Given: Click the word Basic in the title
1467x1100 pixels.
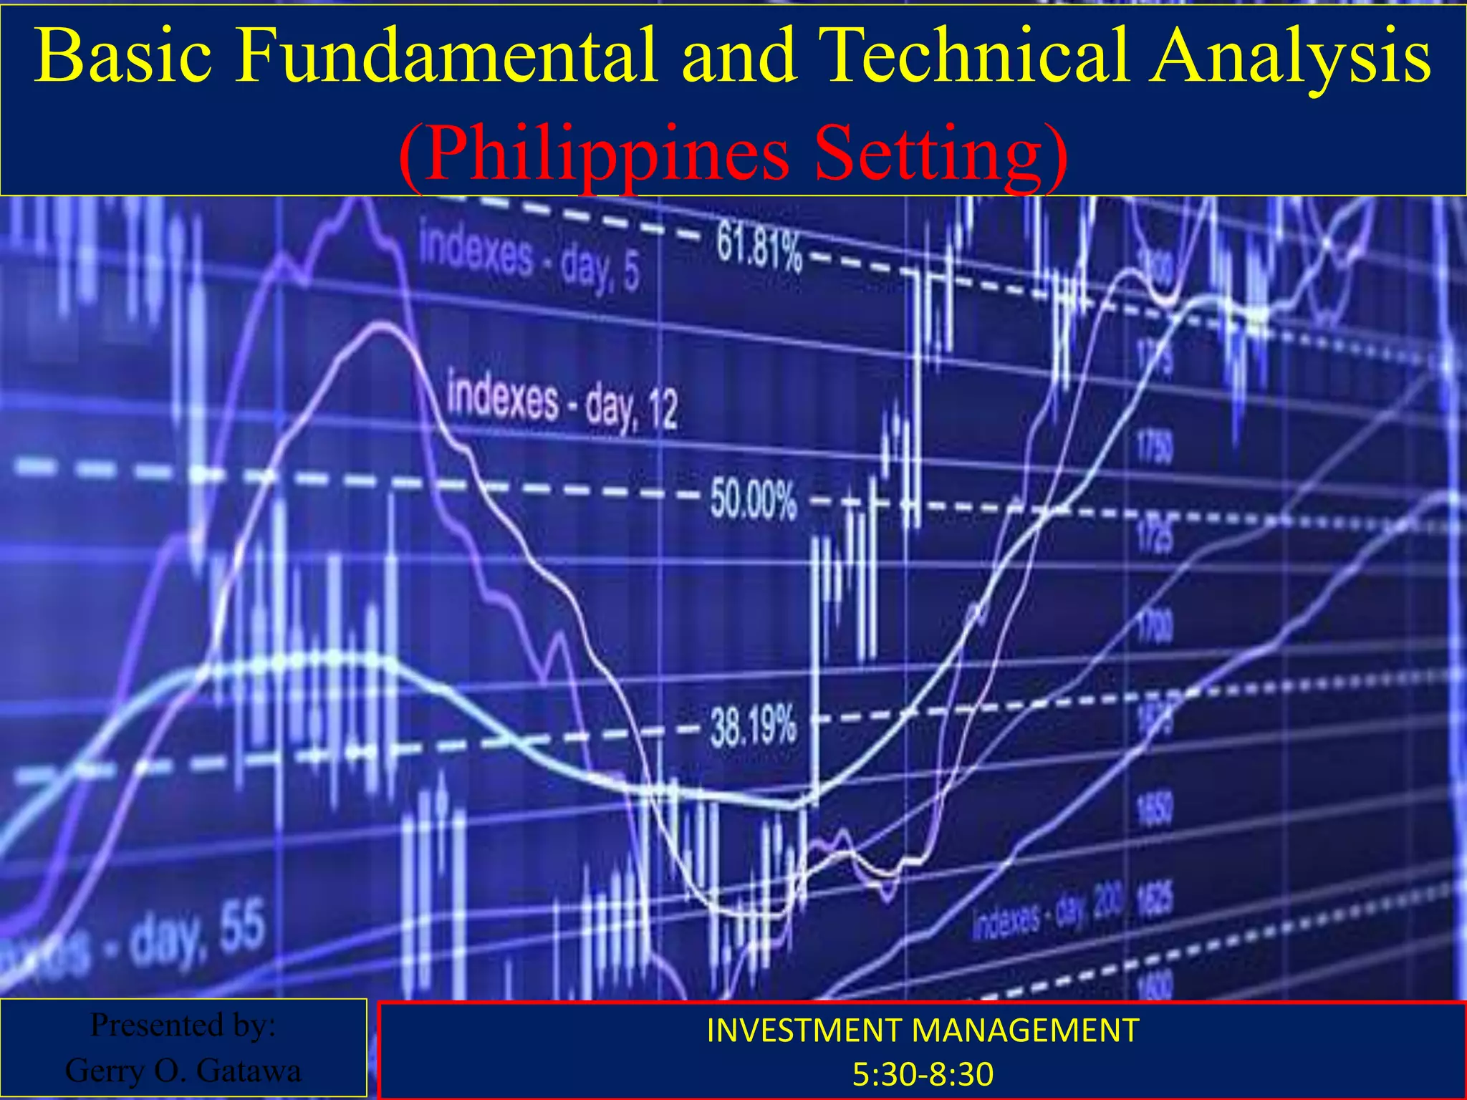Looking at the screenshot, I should (123, 56).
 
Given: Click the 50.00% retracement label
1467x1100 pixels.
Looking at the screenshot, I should (754, 498).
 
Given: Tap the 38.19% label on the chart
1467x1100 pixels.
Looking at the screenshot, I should (754, 726).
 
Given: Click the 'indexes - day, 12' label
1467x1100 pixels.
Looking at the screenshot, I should (562, 403).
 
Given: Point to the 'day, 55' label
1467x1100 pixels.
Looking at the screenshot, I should (193, 935).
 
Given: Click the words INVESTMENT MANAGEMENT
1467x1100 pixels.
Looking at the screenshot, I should (923, 1031).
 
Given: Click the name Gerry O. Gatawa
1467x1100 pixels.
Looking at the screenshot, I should (183, 1071).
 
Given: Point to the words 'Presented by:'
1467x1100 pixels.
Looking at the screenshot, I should (183, 1025).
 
